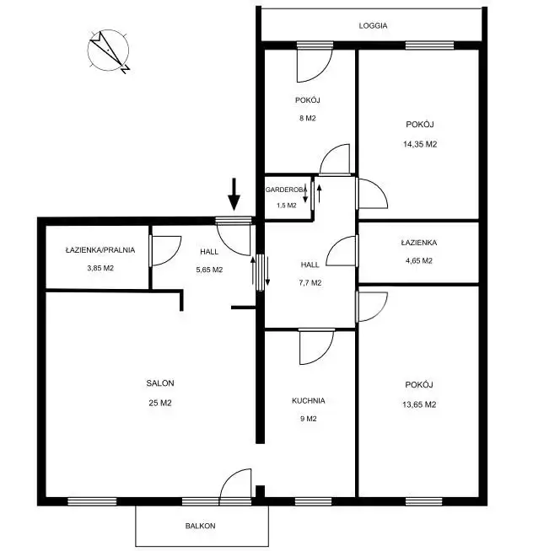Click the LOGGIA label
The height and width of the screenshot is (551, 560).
[373, 25]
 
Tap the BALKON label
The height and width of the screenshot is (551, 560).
[201, 526]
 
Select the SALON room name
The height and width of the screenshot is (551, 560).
[160, 383]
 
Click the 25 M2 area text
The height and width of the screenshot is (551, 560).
[160, 403]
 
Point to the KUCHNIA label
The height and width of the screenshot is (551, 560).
[309, 401]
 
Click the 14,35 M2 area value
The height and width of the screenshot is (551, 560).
[420, 144]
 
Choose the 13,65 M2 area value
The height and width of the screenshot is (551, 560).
[419, 404]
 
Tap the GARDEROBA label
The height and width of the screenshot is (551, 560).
[286, 190]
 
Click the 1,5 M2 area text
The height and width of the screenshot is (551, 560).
[287, 206]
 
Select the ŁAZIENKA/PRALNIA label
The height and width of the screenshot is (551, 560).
[100, 250]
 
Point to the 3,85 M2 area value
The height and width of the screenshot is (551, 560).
[100, 268]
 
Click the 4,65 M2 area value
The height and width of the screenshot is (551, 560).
[419, 261]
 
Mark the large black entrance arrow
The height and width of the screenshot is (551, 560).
[234, 195]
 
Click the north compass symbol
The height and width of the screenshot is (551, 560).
[108, 51]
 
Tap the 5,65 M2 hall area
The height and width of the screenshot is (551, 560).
[209, 270]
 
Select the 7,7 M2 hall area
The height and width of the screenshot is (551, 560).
[310, 283]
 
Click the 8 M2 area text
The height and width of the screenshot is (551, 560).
[308, 118]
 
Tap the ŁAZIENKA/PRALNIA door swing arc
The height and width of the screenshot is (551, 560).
[175, 255]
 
